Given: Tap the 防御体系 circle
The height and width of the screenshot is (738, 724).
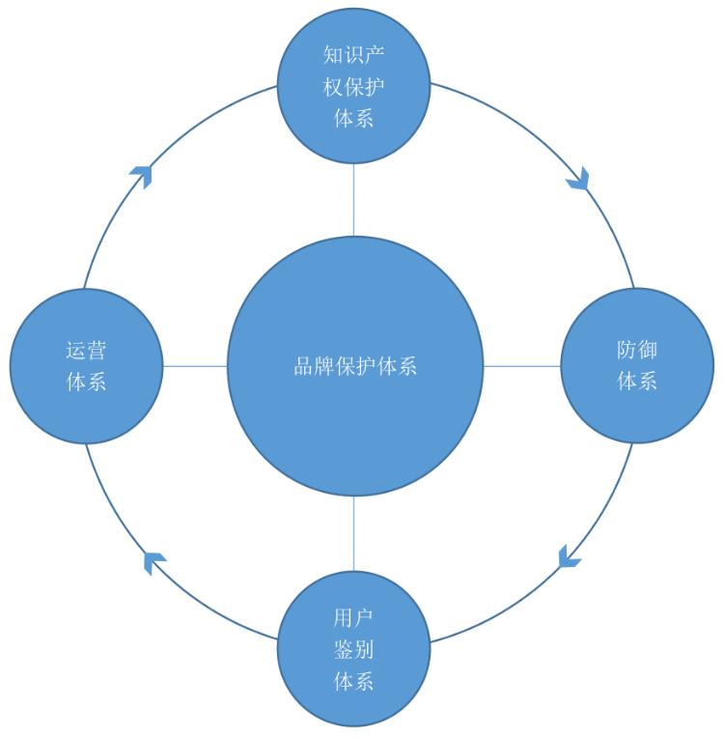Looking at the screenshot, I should (637, 406).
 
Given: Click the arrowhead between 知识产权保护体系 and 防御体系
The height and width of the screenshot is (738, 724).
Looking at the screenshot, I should (578, 179).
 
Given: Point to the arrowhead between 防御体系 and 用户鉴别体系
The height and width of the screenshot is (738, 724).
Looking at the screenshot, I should (569, 556).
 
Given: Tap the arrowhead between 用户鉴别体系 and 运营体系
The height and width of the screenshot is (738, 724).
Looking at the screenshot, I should (153, 560).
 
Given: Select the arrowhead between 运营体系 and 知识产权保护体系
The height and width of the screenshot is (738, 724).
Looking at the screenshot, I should (142, 175).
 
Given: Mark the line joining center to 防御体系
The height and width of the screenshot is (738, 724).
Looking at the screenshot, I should (521, 366).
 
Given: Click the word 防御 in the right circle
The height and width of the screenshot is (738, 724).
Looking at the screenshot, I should (637, 350).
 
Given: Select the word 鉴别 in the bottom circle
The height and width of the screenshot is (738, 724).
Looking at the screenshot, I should (353, 649).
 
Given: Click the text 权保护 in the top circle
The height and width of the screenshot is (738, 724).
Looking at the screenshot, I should (353, 87).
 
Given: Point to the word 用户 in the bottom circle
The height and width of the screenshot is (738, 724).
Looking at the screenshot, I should (353, 617).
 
